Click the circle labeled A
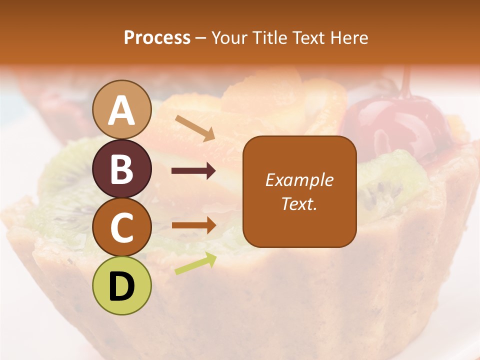[x=122, y=109]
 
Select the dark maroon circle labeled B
[x=122, y=168]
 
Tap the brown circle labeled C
[x=122, y=227]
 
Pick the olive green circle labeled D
[x=122, y=285]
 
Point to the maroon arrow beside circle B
[x=193, y=171]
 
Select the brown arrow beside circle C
[x=193, y=225]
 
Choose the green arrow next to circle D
[x=195, y=264]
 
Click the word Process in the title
[x=157, y=37]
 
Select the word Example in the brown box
[x=299, y=180]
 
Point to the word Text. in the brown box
[x=299, y=203]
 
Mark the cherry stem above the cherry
[x=406, y=82]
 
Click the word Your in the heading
[x=229, y=37]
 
